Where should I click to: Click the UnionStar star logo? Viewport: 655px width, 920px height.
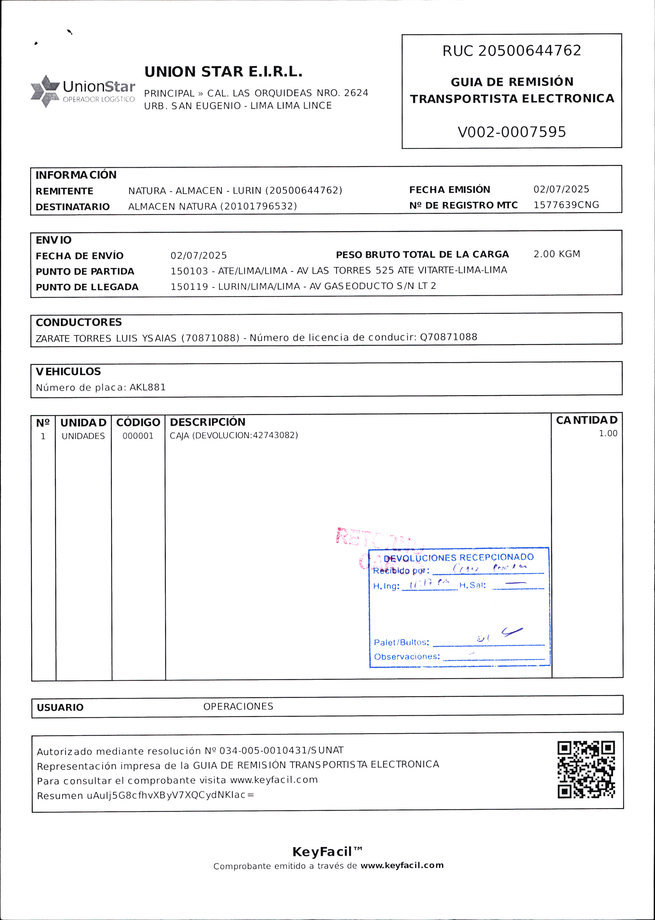click(x=45, y=91)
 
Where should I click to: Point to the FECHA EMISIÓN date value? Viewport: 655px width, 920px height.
click(x=561, y=189)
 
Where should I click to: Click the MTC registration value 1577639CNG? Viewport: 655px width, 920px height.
click(x=566, y=205)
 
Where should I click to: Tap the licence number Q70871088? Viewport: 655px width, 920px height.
click(x=449, y=337)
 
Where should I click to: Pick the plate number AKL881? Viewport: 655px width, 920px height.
click(x=148, y=387)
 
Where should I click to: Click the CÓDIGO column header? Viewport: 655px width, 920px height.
click(x=138, y=422)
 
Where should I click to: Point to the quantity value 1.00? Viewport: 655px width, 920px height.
click(x=608, y=434)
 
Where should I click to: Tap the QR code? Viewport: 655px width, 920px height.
click(x=586, y=770)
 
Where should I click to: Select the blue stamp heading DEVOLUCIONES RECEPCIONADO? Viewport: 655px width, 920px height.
click(x=458, y=558)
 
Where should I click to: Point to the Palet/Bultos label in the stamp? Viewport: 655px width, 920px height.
click(x=401, y=642)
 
